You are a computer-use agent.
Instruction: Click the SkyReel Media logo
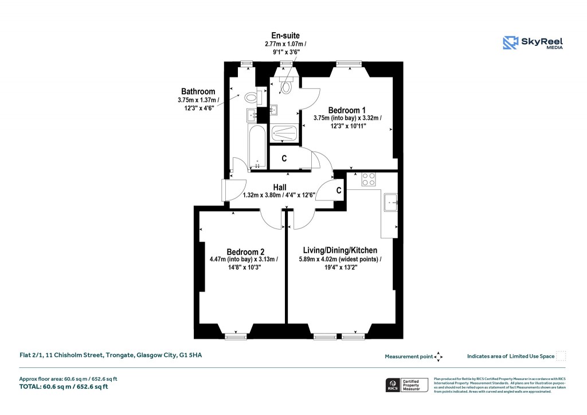533,43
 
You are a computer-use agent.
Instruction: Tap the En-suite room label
285,36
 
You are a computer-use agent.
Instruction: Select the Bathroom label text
198,91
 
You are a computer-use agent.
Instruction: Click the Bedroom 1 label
347,110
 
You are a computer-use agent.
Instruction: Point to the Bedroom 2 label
245,251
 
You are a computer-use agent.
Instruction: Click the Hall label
280,187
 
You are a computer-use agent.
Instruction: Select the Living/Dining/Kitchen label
340,250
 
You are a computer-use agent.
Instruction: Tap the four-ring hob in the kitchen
369,179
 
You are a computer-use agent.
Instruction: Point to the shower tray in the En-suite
285,133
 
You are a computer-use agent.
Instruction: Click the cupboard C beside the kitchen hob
339,190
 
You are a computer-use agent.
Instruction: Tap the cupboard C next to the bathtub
284,158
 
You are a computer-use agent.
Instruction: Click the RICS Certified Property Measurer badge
405,385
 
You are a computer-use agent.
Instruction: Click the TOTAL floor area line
64,387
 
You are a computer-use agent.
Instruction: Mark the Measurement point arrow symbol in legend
439,356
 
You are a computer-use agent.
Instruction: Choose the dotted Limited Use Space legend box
561,356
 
